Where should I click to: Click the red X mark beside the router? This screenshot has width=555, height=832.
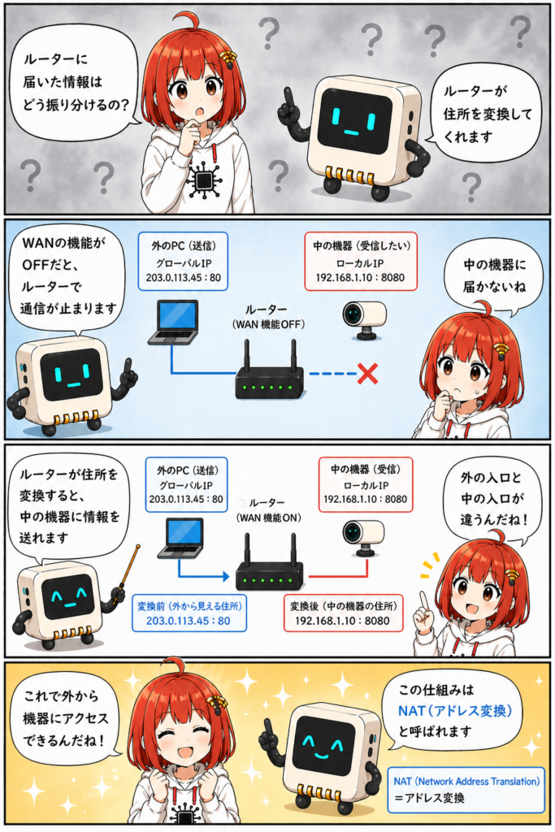pos(367,374)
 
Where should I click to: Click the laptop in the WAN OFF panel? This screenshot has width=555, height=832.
pos(173,323)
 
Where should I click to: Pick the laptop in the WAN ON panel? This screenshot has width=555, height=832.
pos(181,538)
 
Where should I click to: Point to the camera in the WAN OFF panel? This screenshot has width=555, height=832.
pos(364,319)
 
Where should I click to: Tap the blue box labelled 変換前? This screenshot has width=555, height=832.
pos(189,613)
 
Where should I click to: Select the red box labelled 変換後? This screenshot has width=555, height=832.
pos(343,613)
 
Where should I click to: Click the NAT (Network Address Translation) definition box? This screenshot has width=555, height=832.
pos(466,790)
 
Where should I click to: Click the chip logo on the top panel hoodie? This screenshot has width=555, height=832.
pos(203,181)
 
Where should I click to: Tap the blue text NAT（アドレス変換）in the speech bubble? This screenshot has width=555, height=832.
pos(455,711)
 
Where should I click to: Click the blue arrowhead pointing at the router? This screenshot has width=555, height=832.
pos(226,576)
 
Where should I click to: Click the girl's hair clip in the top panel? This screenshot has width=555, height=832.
pos(228,58)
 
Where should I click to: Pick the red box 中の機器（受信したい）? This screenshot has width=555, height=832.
pos(361,261)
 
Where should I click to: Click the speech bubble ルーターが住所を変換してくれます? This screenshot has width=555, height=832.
pos(486,114)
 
